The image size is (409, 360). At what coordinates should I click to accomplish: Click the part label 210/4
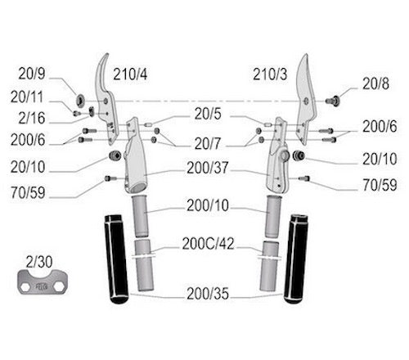tap(130, 74)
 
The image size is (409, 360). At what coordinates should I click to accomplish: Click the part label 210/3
tap(270, 74)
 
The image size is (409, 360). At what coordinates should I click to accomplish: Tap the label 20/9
tap(32, 74)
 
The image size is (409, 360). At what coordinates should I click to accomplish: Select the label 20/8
tap(375, 83)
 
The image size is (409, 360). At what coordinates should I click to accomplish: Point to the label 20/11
tap(27, 97)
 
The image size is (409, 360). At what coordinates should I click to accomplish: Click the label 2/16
tap(32, 118)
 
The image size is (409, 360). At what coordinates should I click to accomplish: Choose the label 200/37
tap(207, 168)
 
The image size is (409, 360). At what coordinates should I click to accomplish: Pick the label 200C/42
tap(208, 244)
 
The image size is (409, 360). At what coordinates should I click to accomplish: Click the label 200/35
tap(208, 294)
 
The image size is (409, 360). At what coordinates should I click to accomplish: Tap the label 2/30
tap(39, 262)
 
